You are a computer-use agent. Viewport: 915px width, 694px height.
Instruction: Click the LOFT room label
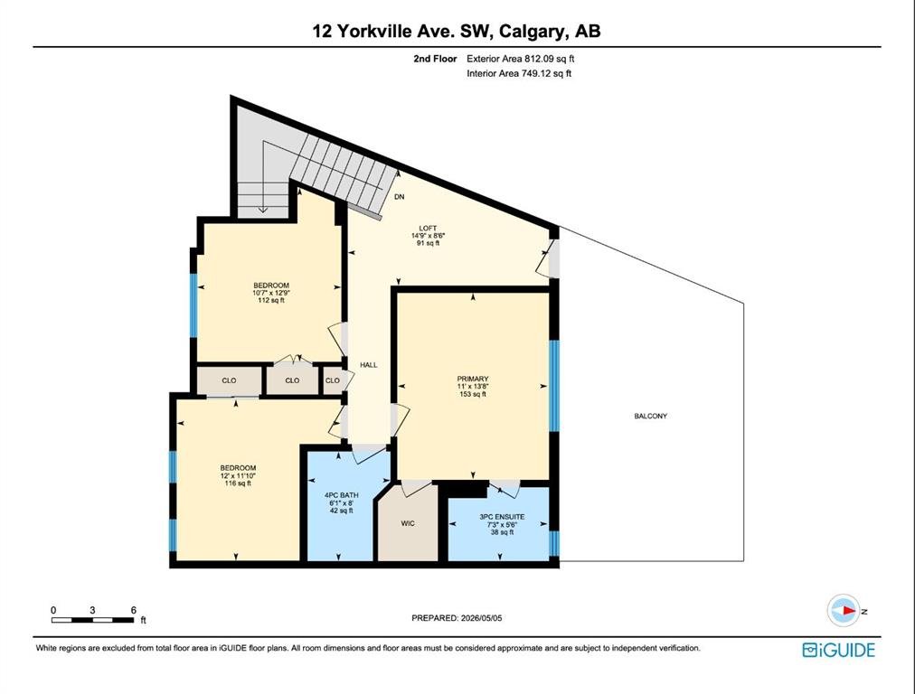point(428,228)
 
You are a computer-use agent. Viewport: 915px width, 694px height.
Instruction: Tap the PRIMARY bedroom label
point(473,379)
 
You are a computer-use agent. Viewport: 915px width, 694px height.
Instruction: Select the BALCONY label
point(651,416)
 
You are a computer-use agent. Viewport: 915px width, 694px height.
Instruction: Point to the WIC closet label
point(408,523)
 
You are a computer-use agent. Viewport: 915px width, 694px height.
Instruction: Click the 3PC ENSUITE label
point(502,517)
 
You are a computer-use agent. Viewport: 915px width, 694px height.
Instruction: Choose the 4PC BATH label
point(342,495)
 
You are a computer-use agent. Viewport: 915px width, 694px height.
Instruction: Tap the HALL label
point(369,365)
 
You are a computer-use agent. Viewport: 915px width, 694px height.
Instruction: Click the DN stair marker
point(399,196)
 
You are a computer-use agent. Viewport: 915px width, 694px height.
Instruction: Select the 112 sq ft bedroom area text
point(270,300)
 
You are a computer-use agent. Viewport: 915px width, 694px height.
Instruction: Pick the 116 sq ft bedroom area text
point(238,483)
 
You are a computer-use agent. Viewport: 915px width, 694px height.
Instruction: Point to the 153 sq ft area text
point(473,394)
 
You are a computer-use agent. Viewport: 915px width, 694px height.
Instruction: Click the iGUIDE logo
point(838,650)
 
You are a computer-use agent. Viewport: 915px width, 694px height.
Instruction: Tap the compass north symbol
point(844,611)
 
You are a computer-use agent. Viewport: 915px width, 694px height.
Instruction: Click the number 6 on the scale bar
point(133,610)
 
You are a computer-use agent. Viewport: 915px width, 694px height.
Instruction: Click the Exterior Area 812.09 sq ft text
point(521,59)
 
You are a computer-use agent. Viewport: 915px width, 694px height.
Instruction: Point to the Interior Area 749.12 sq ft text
point(519,73)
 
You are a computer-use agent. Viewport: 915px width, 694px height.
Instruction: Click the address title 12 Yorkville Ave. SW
point(404,31)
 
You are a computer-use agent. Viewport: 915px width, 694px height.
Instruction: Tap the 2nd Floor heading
point(435,59)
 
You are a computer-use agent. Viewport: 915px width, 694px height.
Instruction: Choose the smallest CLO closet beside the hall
point(333,380)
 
